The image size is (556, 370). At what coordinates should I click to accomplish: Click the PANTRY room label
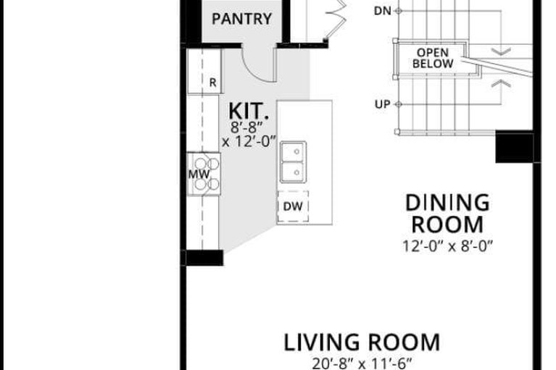pyautogui.click(x=241, y=19)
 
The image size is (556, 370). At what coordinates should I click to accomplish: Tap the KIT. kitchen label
pyautogui.click(x=248, y=111)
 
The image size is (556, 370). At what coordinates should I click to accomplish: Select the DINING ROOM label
pyautogui.click(x=447, y=214)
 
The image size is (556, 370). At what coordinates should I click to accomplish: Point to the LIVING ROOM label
pyautogui.click(x=362, y=342)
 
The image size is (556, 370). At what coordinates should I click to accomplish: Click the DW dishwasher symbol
pyautogui.click(x=293, y=206)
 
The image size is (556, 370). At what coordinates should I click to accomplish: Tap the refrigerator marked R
pyautogui.click(x=204, y=71)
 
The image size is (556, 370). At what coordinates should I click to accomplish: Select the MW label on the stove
pyautogui.click(x=199, y=175)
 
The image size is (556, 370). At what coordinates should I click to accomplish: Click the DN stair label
pyautogui.click(x=383, y=11)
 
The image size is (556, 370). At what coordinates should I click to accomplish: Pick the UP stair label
pyautogui.click(x=382, y=104)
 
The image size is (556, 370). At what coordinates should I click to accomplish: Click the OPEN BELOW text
pyautogui.click(x=433, y=58)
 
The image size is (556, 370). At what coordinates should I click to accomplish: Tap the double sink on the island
pyautogui.click(x=294, y=162)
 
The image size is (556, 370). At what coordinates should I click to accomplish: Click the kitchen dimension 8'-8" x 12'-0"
pyautogui.click(x=249, y=135)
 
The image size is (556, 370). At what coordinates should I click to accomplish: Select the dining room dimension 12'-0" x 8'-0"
pyautogui.click(x=447, y=245)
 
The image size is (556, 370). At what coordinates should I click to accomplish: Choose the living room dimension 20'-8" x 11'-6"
pyautogui.click(x=362, y=363)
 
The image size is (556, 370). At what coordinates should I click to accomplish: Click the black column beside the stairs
pyautogui.click(x=514, y=147)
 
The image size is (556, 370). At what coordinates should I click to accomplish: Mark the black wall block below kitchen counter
pyautogui.click(x=204, y=257)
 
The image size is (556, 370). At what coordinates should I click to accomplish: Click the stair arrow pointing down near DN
pyautogui.click(x=501, y=51)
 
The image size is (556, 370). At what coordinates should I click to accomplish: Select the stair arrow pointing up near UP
pyautogui.click(x=501, y=83)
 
